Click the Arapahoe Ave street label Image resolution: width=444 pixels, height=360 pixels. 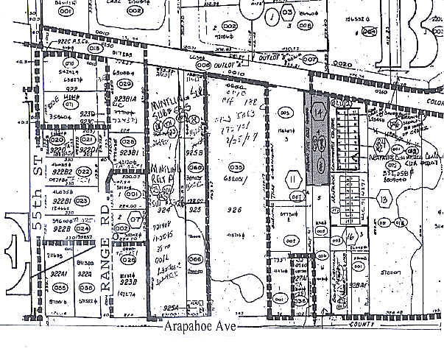[x=199, y=327]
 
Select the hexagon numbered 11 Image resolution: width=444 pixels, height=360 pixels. [x=293, y=178]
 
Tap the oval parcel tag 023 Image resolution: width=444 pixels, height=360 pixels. [x=81, y=200]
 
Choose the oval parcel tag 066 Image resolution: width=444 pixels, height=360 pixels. [x=195, y=259]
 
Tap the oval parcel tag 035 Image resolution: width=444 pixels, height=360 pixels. [x=236, y=167]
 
